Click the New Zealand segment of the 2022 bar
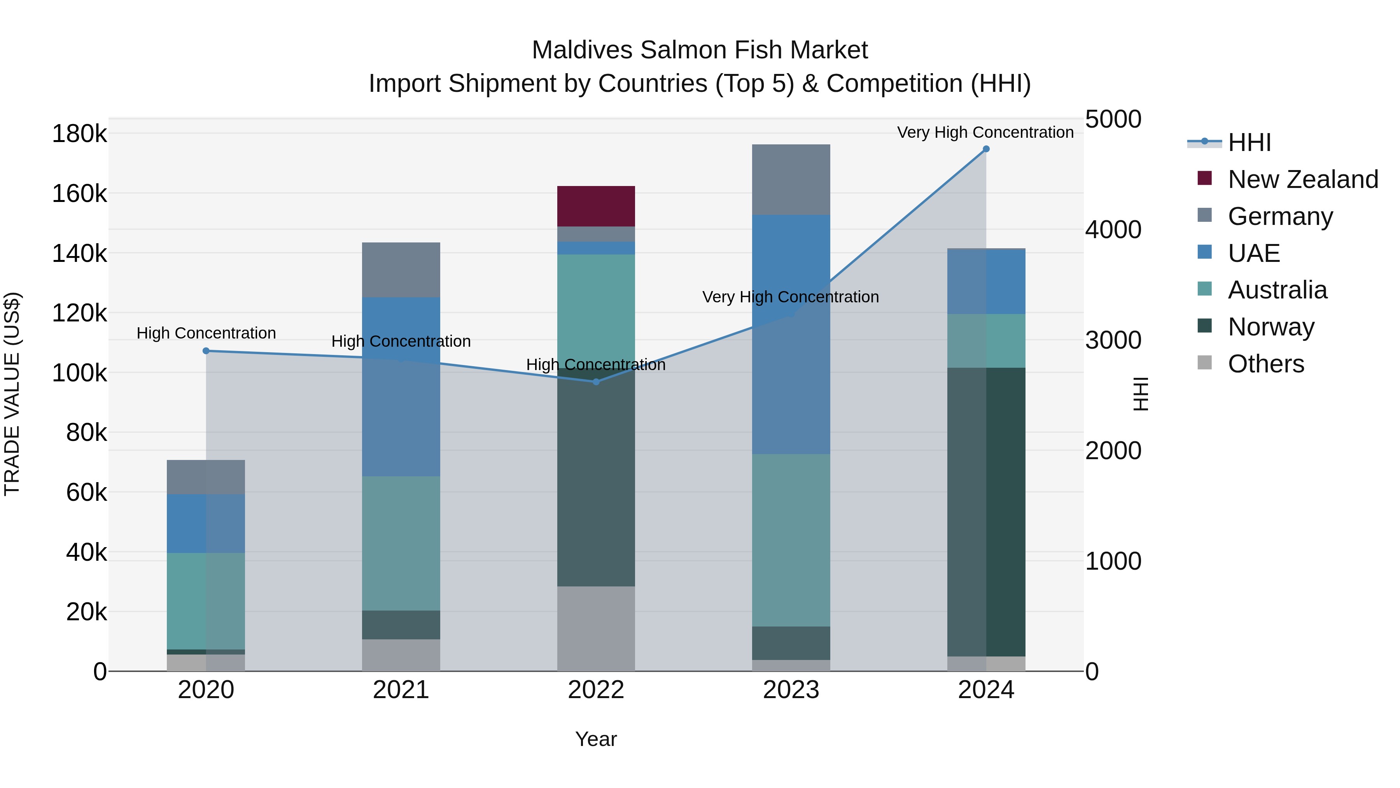click(596, 206)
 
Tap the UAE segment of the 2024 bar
click(986, 281)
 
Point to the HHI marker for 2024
click(986, 149)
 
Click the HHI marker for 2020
click(206, 351)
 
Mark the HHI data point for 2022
click(596, 382)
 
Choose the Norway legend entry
click(1270, 327)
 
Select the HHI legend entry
click(1249, 142)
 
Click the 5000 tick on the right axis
click(1113, 119)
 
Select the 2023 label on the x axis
click(791, 690)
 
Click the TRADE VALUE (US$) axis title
click(12, 394)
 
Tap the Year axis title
click(596, 739)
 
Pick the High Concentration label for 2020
click(206, 333)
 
